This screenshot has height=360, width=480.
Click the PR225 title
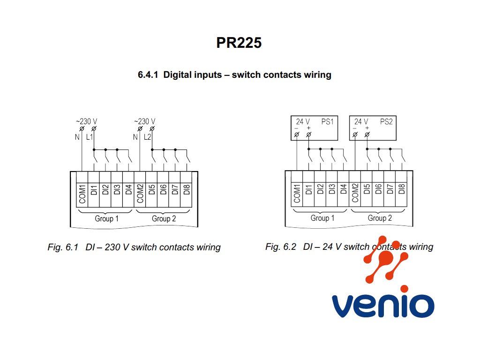click(x=239, y=43)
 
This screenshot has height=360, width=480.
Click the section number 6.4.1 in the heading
click(x=148, y=75)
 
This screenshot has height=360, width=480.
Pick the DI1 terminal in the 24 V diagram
click(x=309, y=193)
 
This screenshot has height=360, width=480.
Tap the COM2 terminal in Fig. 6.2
click(x=355, y=193)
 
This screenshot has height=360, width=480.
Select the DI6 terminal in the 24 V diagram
click(x=378, y=193)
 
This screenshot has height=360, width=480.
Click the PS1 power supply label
click(x=327, y=122)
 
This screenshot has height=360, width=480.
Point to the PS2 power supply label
click(x=386, y=122)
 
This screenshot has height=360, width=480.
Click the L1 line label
click(x=90, y=137)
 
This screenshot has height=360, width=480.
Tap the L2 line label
click(x=148, y=137)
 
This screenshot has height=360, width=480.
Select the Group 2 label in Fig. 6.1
click(x=164, y=219)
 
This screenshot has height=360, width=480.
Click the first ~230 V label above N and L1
click(x=87, y=121)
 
